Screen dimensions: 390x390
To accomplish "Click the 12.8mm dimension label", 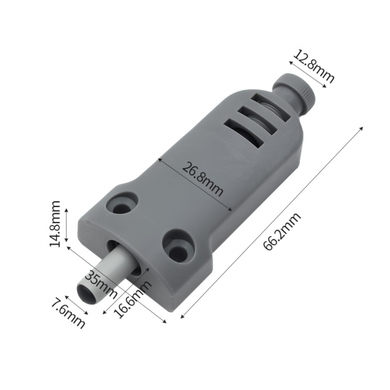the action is (x=314, y=67).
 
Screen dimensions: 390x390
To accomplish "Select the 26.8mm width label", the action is (x=202, y=180).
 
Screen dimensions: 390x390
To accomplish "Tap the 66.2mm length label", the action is (x=282, y=231).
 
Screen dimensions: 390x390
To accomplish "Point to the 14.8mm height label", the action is (x=55, y=223).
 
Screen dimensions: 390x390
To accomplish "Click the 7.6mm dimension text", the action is (x=68, y=315).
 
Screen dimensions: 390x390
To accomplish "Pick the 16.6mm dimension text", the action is (x=134, y=299).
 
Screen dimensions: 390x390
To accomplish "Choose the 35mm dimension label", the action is (x=101, y=284).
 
